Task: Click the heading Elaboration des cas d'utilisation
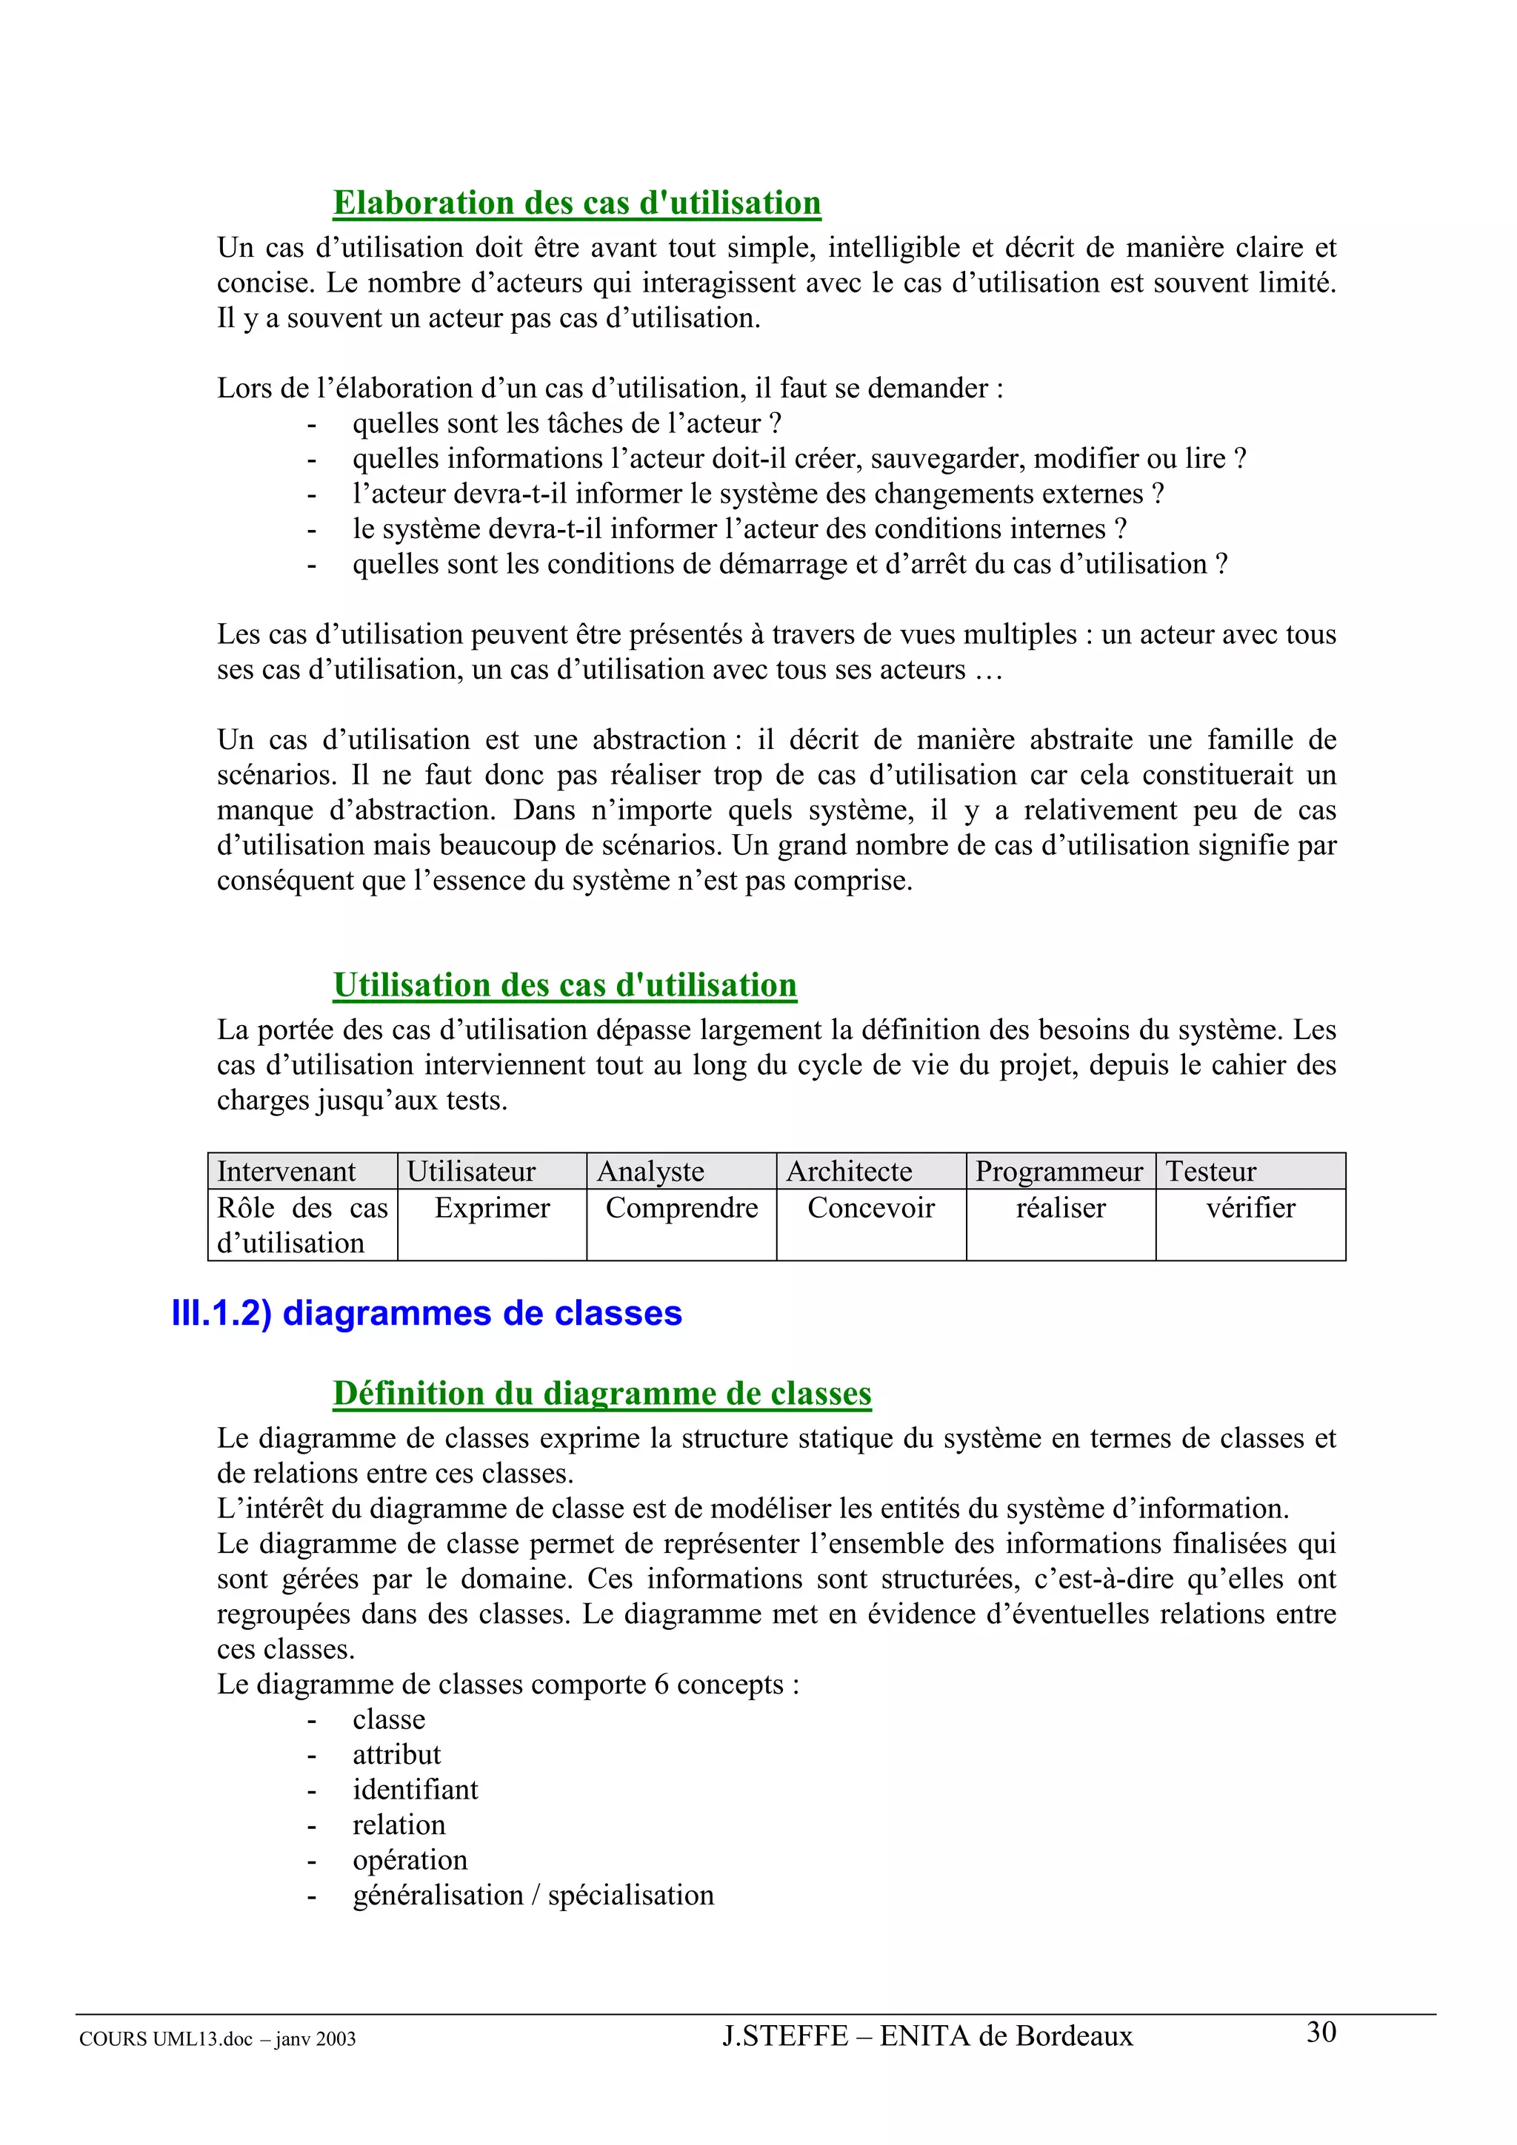[x=577, y=203]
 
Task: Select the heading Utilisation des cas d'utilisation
[x=564, y=984]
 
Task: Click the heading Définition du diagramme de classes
[x=602, y=1393]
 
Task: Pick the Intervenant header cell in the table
[x=286, y=1171]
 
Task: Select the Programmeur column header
[x=1059, y=1171]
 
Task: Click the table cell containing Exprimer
[x=492, y=1208]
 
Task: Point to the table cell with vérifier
[x=1250, y=1208]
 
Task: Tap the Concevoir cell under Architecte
[x=870, y=1208]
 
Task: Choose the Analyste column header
[x=650, y=1171]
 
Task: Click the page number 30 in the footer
[x=1321, y=2032]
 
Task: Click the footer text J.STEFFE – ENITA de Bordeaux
[x=927, y=2035]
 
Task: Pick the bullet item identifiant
[x=415, y=1789]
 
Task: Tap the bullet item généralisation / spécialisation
[x=533, y=1895]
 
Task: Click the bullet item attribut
[x=396, y=1753]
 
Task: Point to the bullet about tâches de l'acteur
[x=567, y=423]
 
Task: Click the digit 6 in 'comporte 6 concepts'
[x=661, y=1685]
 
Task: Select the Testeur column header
[x=1210, y=1171]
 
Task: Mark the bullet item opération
[x=410, y=1859]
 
